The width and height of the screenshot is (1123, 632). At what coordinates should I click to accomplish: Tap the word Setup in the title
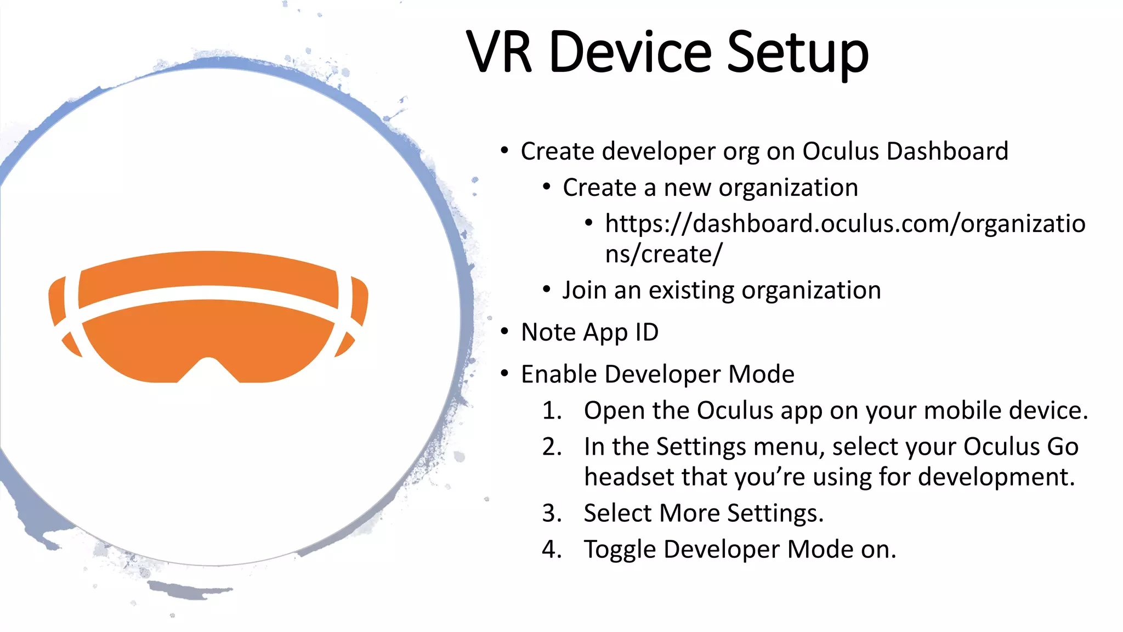797,54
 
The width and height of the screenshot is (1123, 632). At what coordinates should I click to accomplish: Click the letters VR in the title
499,53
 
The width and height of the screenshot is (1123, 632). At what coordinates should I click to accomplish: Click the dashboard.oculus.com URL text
844,224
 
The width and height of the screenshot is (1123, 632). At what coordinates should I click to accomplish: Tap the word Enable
559,374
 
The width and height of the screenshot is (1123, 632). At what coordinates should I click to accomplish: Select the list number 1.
552,411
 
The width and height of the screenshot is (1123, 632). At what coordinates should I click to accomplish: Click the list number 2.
552,447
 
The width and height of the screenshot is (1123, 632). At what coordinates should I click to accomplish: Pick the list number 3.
552,513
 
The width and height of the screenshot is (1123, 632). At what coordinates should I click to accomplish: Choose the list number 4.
552,550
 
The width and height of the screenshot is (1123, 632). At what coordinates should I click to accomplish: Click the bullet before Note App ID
504,332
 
